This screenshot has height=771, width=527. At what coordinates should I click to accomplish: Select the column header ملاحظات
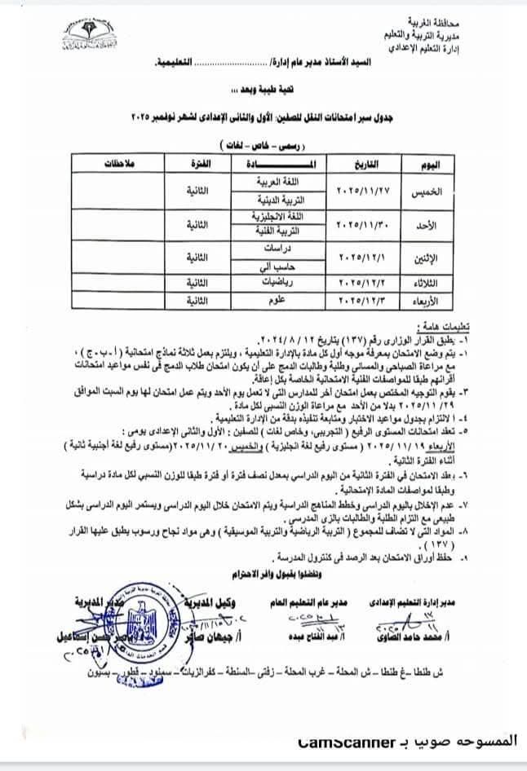click(117, 165)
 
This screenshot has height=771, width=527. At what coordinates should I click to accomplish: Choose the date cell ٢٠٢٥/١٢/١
click(365, 257)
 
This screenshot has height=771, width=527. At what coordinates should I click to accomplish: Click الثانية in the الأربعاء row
click(196, 301)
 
